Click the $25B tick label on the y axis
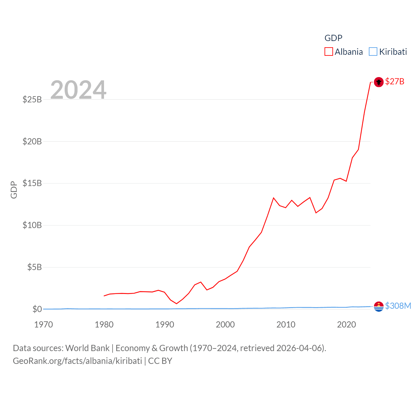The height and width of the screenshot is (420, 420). coord(32,99)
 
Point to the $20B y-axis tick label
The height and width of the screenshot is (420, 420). coord(32,141)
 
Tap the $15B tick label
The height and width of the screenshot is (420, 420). coord(32,183)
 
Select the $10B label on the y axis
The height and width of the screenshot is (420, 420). coord(32,225)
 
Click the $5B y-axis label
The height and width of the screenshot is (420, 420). coord(34,267)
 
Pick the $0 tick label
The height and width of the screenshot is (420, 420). coord(37,309)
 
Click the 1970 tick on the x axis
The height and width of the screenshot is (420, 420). coord(43,325)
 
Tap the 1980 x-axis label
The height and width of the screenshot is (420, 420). coord(104,325)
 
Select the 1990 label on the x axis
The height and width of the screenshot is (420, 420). coord(165,325)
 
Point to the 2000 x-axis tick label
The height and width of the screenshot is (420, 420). coord(225,325)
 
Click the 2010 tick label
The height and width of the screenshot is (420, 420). coord(286,325)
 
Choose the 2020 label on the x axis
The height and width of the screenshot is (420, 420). coord(346,325)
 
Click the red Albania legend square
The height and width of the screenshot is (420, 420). coord(328,52)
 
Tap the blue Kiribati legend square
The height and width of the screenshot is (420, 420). coord(373,52)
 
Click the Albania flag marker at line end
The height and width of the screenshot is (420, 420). coord(379,82)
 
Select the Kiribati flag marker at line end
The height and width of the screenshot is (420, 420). coord(379,306)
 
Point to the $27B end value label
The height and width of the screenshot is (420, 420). coord(395,81)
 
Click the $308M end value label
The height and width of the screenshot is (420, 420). coord(398,306)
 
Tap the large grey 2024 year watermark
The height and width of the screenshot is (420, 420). coord(78,90)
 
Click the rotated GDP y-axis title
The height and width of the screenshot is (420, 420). coord(14,190)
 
